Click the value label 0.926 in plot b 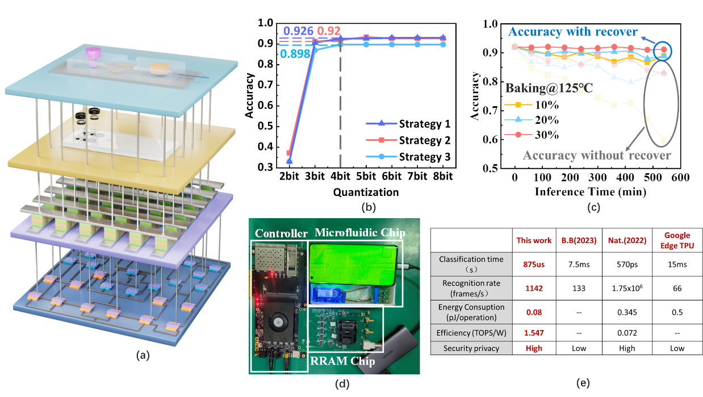coord(299,31)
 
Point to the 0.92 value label coord(329,31)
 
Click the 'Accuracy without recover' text coord(596,155)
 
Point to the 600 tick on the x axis coord(680,178)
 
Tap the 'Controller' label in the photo coord(281,233)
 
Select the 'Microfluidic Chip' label coord(359,232)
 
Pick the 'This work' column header coord(533,240)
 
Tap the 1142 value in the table coord(533,289)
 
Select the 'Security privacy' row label coord(471,348)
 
